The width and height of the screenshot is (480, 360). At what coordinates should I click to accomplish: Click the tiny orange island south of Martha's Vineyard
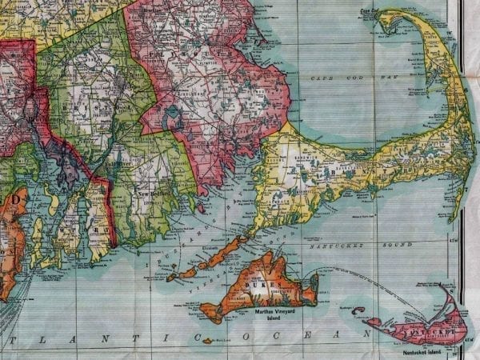pos(207,341)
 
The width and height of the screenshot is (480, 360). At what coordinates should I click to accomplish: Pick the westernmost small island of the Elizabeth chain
pos(171,278)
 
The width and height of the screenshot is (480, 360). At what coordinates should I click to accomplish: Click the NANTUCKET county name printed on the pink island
pos(432,329)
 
